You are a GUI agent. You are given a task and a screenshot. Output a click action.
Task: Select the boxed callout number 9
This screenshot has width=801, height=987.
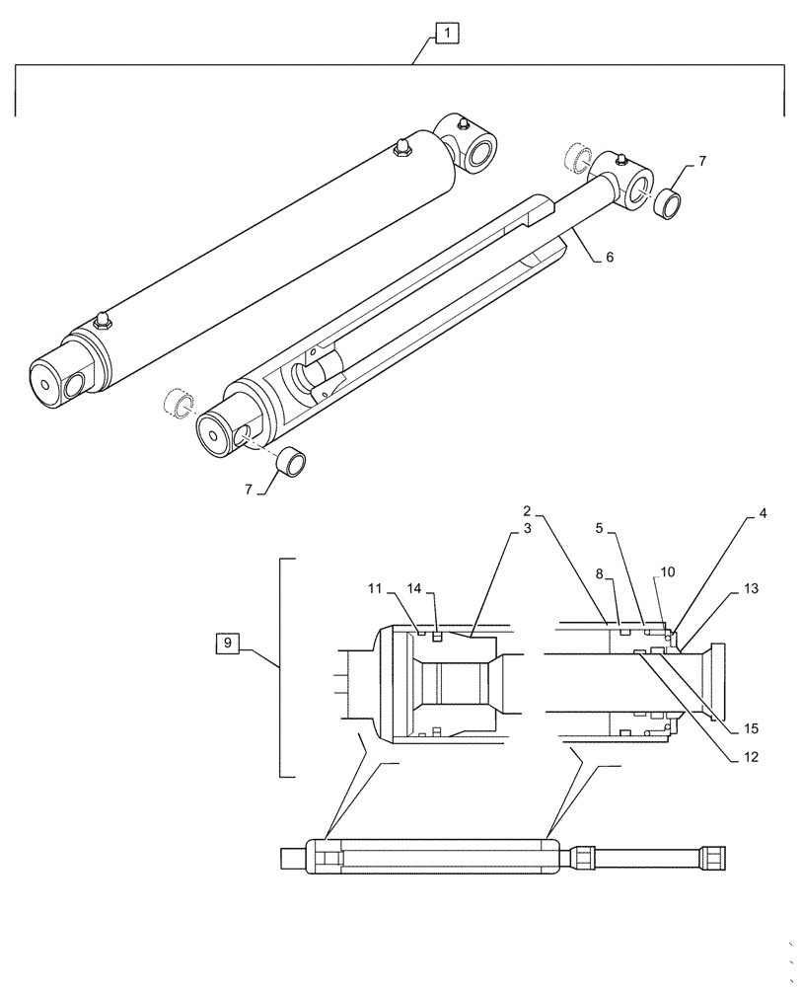pos(228,644)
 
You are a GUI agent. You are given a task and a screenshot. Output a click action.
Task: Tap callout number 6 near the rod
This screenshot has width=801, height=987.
pos(609,257)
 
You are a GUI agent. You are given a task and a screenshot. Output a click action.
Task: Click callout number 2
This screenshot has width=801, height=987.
pos(528,511)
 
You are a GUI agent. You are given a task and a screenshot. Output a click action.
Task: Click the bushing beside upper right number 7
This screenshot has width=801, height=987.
pos(668,204)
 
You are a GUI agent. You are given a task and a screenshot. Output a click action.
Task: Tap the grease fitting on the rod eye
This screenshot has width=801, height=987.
pos(622,157)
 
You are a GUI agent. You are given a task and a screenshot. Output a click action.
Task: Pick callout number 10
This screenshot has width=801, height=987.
pos(667,572)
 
